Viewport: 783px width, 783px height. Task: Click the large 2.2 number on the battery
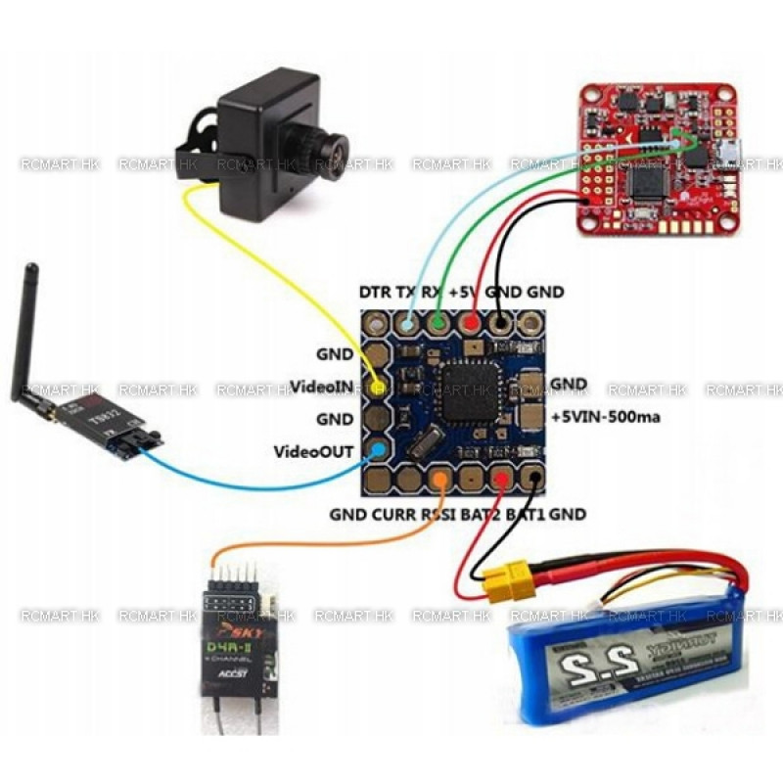(x=583, y=676)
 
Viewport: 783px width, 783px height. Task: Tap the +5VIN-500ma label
(x=608, y=415)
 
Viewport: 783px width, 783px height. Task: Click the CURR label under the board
(x=391, y=513)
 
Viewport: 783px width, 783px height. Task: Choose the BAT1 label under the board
(x=525, y=513)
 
